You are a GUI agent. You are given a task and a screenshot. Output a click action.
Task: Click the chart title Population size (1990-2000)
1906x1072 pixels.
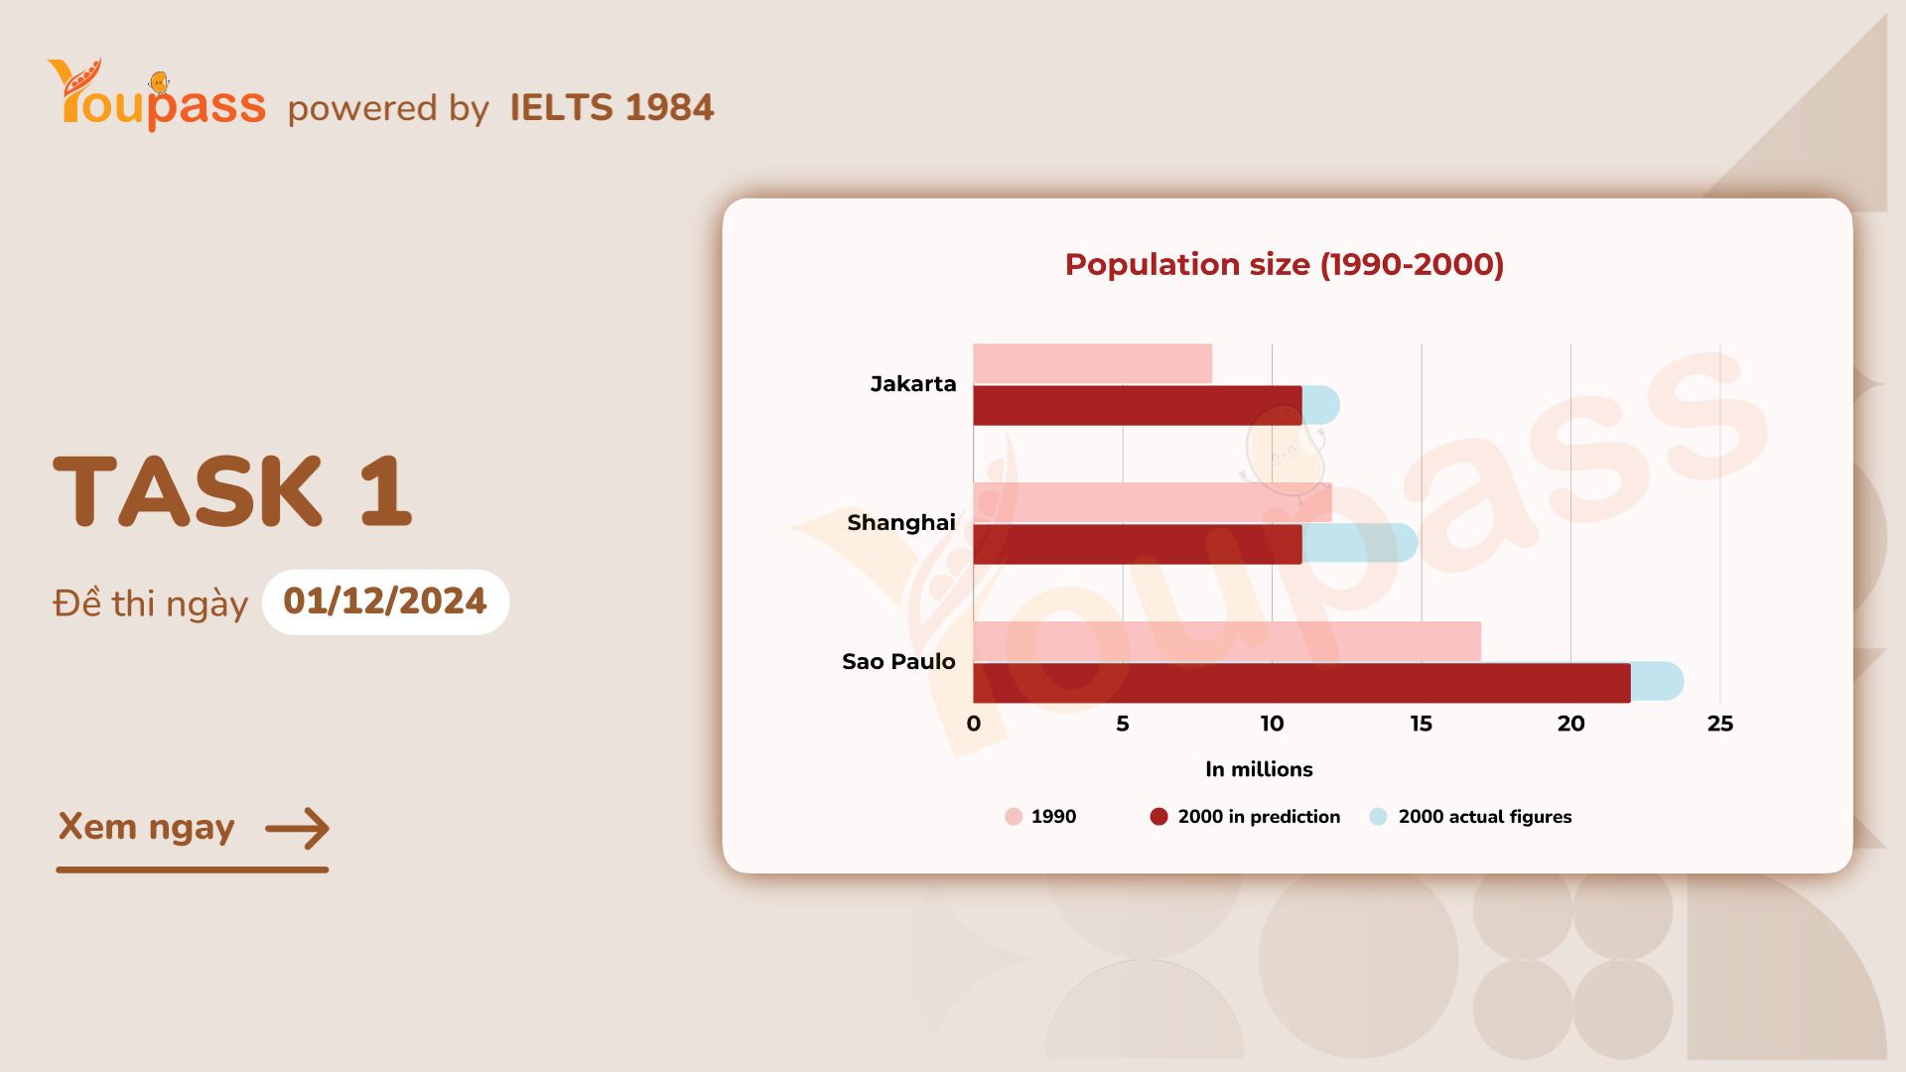point(1284,264)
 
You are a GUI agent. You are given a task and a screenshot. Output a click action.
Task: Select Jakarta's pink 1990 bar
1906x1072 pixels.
point(1092,363)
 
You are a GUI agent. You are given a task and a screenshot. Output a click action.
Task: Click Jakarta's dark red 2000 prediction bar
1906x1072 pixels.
point(1137,406)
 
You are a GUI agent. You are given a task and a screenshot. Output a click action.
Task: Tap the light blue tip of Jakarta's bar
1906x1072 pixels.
point(1321,405)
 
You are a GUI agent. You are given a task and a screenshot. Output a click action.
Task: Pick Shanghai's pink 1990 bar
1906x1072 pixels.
point(1152,502)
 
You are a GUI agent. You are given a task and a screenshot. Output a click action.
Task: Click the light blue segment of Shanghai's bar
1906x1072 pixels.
point(1359,543)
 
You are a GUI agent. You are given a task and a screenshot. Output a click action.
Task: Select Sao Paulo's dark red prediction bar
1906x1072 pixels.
point(1300,683)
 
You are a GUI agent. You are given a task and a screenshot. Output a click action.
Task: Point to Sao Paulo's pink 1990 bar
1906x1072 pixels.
point(1226,641)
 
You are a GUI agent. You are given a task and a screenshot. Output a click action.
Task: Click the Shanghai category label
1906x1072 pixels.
point(900,523)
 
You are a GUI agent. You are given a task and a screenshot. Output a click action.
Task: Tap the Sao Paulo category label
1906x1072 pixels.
point(898,662)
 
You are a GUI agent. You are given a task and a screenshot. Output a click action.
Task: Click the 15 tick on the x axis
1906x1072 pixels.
point(1421,724)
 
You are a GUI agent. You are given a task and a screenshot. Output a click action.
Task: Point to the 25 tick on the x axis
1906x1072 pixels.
point(1719,724)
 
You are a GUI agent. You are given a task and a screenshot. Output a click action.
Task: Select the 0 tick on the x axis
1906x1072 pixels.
point(973,724)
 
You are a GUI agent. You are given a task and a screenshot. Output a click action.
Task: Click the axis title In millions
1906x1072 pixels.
point(1258,769)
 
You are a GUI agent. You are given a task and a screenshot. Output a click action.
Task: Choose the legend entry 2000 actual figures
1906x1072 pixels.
point(1484,817)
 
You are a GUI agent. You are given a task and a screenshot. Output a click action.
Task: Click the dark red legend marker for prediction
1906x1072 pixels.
point(1158,817)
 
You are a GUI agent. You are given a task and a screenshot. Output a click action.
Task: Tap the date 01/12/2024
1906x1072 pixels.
point(385,602)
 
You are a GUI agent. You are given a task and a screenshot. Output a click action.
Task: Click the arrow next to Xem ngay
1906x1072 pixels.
point(297,828)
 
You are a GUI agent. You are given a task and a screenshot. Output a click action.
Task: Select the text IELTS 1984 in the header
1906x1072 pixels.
point(612,107)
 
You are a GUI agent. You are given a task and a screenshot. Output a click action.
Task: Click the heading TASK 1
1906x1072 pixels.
point(232,490)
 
